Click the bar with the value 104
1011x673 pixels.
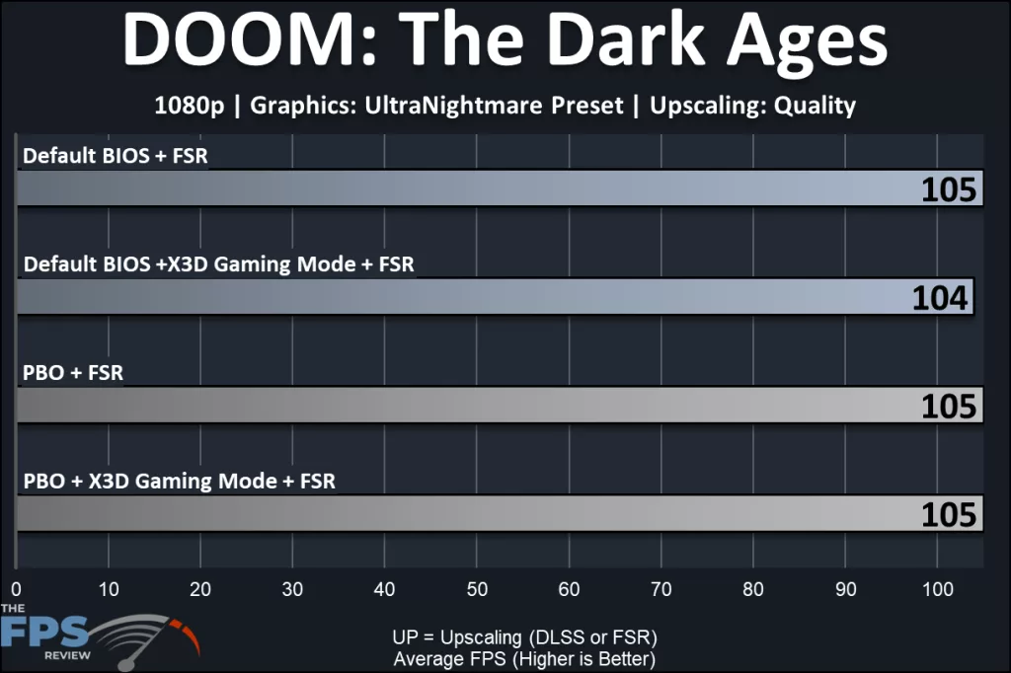coord(494,296)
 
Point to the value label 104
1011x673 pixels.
coord(941,297)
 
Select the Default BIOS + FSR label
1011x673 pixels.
coord(116,156)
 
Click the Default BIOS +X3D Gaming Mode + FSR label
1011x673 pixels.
coord(218,264)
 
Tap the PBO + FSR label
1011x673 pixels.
coord(72,373)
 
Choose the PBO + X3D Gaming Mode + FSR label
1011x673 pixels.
coord(179,482)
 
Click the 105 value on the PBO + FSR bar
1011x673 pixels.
coord(949,406)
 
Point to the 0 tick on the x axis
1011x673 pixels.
coord(17,589)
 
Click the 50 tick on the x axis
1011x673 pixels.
coord(477,589)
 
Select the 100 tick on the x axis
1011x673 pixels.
coord(937,589)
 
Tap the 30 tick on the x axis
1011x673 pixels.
coord(292,589)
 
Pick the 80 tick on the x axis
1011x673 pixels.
coord(753,589)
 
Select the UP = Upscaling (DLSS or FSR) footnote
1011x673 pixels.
coord(524,636)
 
